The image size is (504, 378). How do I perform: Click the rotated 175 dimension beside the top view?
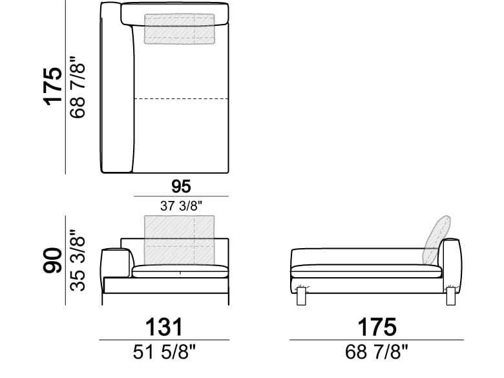point(52,86)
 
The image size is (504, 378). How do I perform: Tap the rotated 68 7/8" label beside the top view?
point(78,87)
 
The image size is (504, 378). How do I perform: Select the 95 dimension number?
point(181,187)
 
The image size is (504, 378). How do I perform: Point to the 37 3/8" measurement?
point(182,205)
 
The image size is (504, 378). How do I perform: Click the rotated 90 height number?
point(52,260)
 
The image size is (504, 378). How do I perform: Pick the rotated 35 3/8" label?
point(78,260)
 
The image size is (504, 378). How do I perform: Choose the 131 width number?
point(164,327)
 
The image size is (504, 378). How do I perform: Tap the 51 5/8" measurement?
point(164,352)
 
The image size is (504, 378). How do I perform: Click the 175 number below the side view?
point(377,327)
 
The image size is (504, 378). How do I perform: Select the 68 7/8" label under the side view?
point(377,352)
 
